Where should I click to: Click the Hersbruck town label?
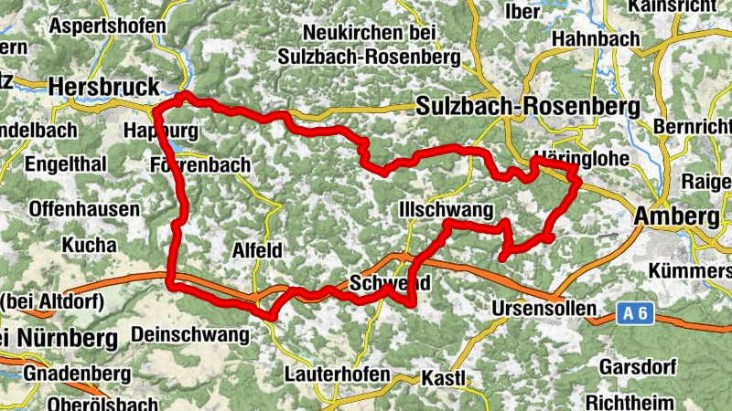coord(102,86)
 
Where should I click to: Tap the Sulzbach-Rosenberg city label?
coord(527,106)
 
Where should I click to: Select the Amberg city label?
coord(676,216)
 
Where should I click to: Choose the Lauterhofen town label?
coord(337,374)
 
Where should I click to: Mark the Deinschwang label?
coord(190,334)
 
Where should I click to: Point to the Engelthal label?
coord(66,164)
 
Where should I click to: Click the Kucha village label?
coord(89,245)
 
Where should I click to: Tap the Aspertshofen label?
coord(108,26)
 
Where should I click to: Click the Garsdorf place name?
coord(637,368)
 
